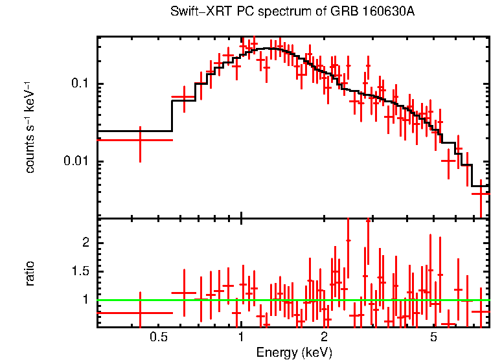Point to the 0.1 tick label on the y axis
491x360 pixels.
point(79,84)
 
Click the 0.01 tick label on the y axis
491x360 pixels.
point(76,161)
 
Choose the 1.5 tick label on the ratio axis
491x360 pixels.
point(79,271)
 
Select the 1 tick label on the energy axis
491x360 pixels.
point(241,337)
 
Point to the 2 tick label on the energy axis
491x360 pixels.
point(324,337)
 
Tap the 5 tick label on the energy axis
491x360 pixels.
point(433,337)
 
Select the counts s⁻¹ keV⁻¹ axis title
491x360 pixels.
point(30,126)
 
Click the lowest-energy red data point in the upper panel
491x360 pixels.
point(140,140)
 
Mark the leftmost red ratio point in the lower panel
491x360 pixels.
point(140,313)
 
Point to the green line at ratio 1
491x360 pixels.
point(291,300)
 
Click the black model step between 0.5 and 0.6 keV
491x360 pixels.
point(172,117)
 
